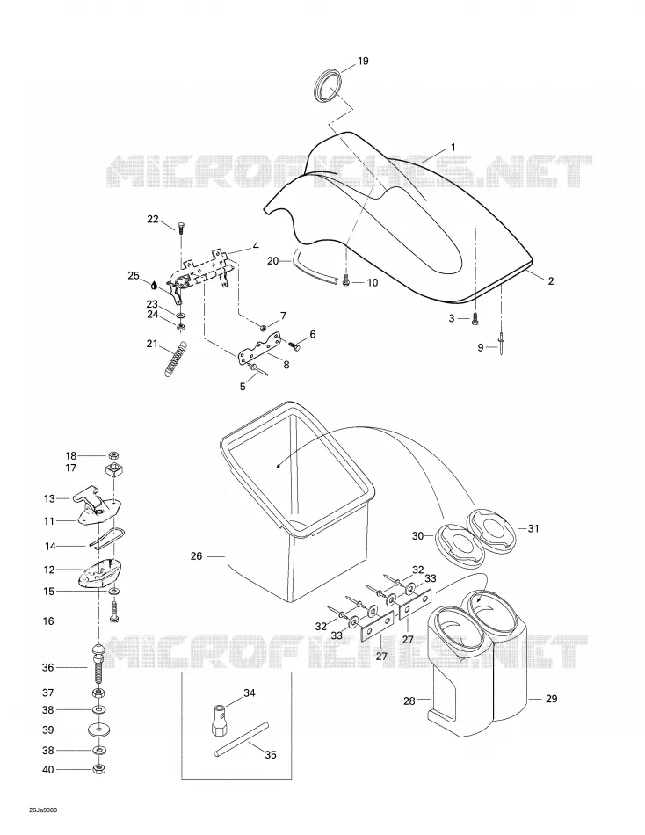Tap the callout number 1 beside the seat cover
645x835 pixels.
coord(453,147)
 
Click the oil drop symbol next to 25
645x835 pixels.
coord(154,285)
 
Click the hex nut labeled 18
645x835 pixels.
coord(113,455)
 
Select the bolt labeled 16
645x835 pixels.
coord(114,613)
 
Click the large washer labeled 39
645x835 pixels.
coord(98,730)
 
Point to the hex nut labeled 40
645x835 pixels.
coord(98,769)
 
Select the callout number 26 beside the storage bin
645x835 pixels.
coord(197,556)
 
